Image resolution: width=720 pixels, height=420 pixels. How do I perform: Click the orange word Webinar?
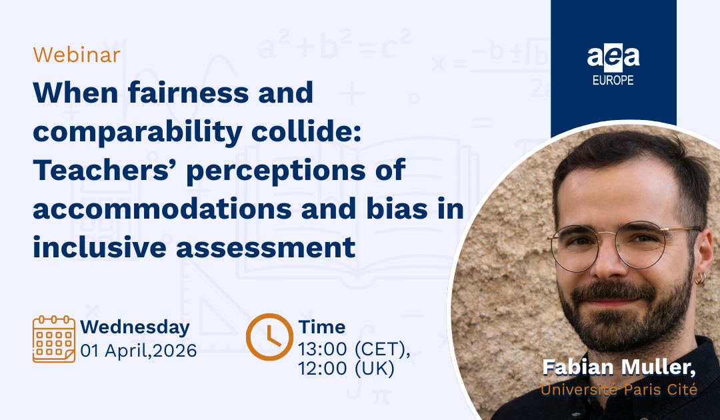(x=77, y=55)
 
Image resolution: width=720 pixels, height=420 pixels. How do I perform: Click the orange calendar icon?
(x=54, y=339)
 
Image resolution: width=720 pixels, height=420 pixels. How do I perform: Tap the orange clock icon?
(x=269, y=337)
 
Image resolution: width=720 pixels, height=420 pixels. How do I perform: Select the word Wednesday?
(x=135, y=327)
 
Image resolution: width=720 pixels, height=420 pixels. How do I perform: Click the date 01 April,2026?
(x=139, y=350)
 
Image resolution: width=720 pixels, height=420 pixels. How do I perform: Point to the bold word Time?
(x=322, y=327)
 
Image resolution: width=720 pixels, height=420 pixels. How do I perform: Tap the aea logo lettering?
(x=613, y=57)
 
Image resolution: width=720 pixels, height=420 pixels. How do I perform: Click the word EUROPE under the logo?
(x=613, y=81)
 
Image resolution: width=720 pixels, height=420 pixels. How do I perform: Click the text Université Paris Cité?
(x=619, y=389)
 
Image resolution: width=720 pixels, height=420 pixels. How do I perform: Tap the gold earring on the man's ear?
(x=700, y=278)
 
